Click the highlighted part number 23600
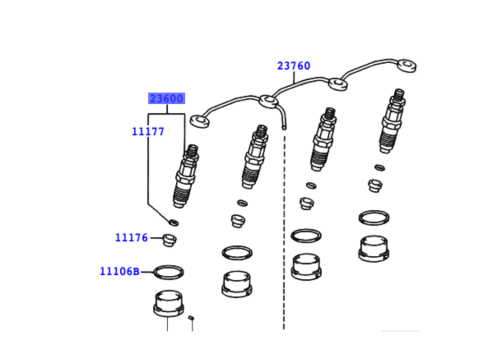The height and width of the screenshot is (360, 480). [167, 98]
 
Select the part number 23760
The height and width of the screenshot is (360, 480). [293, 66]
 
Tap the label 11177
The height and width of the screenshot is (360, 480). [147, 130]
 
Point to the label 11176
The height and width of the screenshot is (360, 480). [131, 238]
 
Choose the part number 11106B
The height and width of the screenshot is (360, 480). [119, 271]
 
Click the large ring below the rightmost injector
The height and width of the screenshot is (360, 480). [373, 218]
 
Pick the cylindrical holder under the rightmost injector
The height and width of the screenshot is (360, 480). [374, 248]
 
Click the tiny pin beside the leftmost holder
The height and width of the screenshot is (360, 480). [192, 318]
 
